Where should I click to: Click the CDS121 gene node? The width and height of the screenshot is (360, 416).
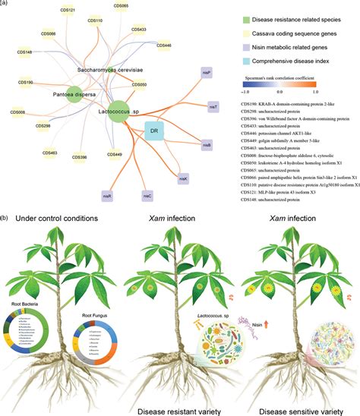pos(67,11)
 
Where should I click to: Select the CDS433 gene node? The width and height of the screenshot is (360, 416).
pos(139,30)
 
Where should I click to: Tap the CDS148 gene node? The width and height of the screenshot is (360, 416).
pos(24,52)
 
